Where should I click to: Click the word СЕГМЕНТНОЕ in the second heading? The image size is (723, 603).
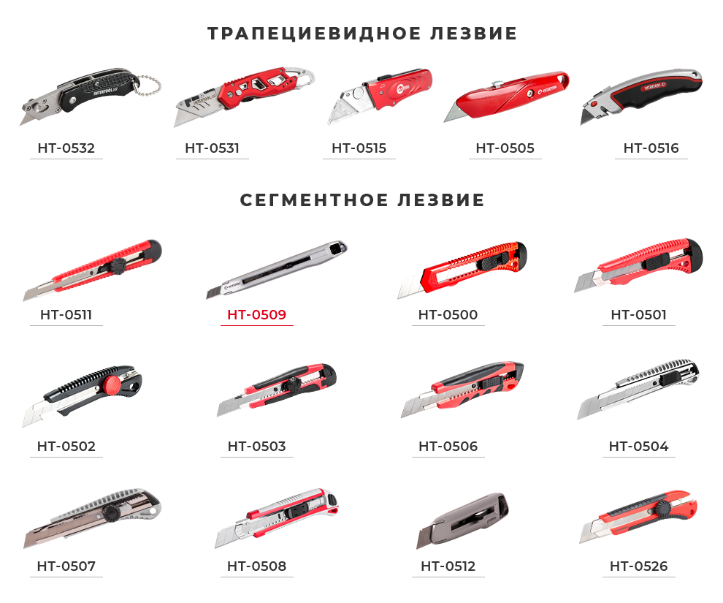coord(314,200)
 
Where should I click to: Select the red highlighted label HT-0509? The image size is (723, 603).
coord(257,314)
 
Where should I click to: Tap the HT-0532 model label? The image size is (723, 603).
coord(66,148)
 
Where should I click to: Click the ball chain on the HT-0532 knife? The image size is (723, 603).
coord(150,86)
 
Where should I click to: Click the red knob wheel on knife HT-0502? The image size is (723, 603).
coord(112,384)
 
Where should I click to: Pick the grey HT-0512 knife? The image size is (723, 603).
coord(462,520)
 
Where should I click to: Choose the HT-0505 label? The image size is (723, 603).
coord(505,148)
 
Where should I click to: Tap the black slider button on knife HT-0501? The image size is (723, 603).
coord(656,263)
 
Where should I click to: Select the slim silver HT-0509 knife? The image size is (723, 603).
coord(277,270)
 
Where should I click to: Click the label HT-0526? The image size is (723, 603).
coord(638,566)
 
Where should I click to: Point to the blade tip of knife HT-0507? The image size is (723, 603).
coord(25,547)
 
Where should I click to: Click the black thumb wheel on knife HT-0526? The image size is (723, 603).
coord(665,509)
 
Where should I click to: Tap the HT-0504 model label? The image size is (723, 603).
coord(638,446)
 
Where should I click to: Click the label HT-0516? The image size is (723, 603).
coord(651,148)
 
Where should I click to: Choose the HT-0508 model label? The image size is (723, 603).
coord(257,566)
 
